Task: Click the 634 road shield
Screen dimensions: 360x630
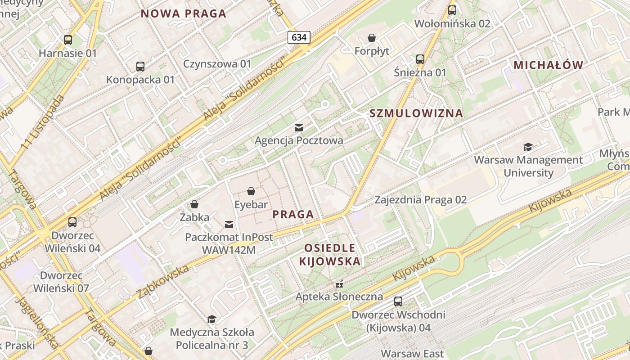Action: tap(299, 37)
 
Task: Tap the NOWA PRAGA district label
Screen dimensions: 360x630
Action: tap(183, 13)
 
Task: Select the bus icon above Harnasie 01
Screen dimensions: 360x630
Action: tap(68, 40)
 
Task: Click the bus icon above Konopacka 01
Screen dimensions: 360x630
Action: tap(140, 67)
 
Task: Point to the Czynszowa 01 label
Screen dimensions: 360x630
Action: tap(217, 64)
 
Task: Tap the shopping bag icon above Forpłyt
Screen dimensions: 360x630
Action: tap(372, 38)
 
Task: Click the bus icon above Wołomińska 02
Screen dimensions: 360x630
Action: tap(452, 10)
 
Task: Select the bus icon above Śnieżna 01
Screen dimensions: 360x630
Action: tap(420, 59)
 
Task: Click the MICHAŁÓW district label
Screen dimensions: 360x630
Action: tap(548, 65)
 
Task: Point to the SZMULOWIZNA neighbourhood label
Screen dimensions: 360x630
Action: tap(416, 113)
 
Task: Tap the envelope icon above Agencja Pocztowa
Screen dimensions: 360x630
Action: tap(299, 128)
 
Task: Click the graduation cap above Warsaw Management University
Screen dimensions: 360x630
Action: tap(528, 147)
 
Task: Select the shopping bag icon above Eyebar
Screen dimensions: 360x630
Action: tap(251, 192)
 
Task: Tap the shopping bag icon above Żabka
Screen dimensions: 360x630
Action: tap(194, 204)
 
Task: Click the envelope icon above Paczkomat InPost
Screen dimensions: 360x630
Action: tap(229, 224)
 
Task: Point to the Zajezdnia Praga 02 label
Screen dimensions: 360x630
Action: tap(421, 199)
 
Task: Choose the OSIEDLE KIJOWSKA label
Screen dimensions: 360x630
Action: tap(330, 254)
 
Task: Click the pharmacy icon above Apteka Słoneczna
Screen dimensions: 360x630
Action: tap(339, 284)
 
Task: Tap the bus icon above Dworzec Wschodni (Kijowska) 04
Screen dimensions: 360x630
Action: tap(398, 301)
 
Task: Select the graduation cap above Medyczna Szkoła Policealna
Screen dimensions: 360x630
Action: tap(211, 319)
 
